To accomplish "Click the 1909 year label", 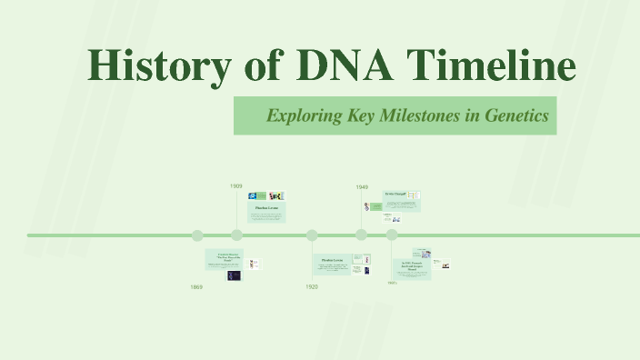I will coord(235,185).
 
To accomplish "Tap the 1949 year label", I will coord(362,186).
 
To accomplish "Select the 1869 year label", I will coord(196,287).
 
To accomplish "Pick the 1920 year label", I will coord(312,287).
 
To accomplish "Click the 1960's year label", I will coord(393,283).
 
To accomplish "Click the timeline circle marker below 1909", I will coord(236,235).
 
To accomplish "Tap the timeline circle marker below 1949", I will coord(362,235).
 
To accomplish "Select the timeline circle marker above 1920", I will coord(312,235).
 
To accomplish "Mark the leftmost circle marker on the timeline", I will coord(197,235).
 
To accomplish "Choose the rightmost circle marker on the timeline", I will coord(392,235).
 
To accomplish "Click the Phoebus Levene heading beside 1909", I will coord(266,208).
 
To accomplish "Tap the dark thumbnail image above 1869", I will coord(234,275).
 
